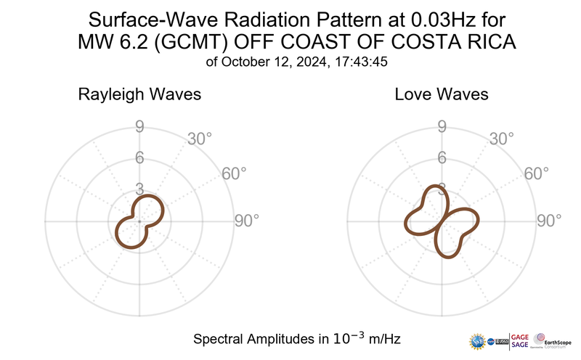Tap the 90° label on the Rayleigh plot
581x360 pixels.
coord(247,221)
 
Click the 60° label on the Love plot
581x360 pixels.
coord(537,173)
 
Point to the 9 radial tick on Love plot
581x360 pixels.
coord(441,128)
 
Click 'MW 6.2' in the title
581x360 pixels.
coord(109,42)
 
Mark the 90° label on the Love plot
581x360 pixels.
coord(549,221)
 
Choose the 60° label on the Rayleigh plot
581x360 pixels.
coord(234,173)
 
